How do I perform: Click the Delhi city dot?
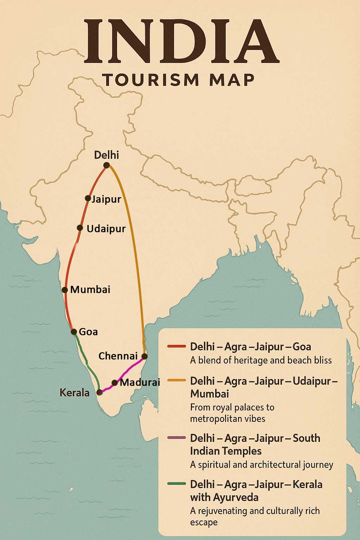pos(107,165)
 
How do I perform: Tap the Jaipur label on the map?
pos(106,199)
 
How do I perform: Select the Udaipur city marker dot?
pos(80,228)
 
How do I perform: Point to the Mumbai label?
pos(90,290)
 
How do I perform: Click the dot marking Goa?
pos(74,332)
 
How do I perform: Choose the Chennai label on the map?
pos(118,356)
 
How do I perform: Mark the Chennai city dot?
pos(144,356)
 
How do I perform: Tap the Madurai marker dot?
pos(115,382)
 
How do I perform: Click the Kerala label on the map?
pos(75,393)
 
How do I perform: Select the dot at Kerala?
pos(99,392)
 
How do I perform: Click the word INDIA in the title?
pos(181,42)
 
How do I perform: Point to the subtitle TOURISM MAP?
pos(179,80)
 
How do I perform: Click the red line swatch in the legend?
pos(176,347)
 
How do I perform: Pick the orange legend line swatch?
pos(176,380)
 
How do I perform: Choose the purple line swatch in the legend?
pos(176,438)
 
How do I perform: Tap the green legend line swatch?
pos(176,484)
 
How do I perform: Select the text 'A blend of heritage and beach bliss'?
pos(261,360)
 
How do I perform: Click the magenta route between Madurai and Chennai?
pos(130,369)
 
